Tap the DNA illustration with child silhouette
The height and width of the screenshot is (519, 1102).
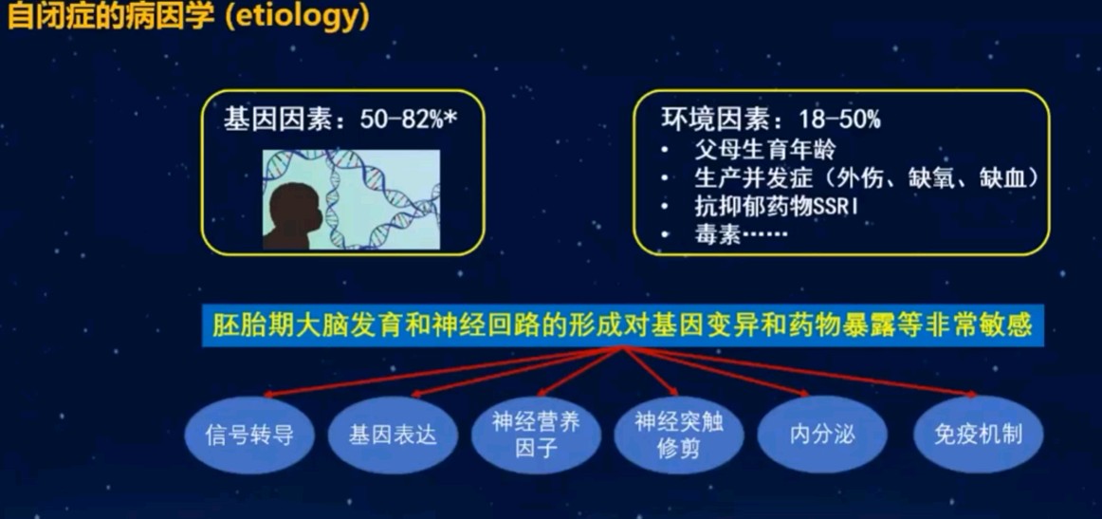352,199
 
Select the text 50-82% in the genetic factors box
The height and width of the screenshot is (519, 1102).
400,120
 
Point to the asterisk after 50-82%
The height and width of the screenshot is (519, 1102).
450,118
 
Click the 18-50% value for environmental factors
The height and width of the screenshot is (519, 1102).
840,120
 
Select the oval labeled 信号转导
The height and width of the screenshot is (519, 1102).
248,435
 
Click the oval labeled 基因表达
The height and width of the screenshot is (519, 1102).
393,435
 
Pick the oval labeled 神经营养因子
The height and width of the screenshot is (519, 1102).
536,435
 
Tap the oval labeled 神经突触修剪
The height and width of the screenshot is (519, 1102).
679,435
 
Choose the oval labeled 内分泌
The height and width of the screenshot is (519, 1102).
822,435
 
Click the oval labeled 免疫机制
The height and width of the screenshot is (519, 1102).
979,435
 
